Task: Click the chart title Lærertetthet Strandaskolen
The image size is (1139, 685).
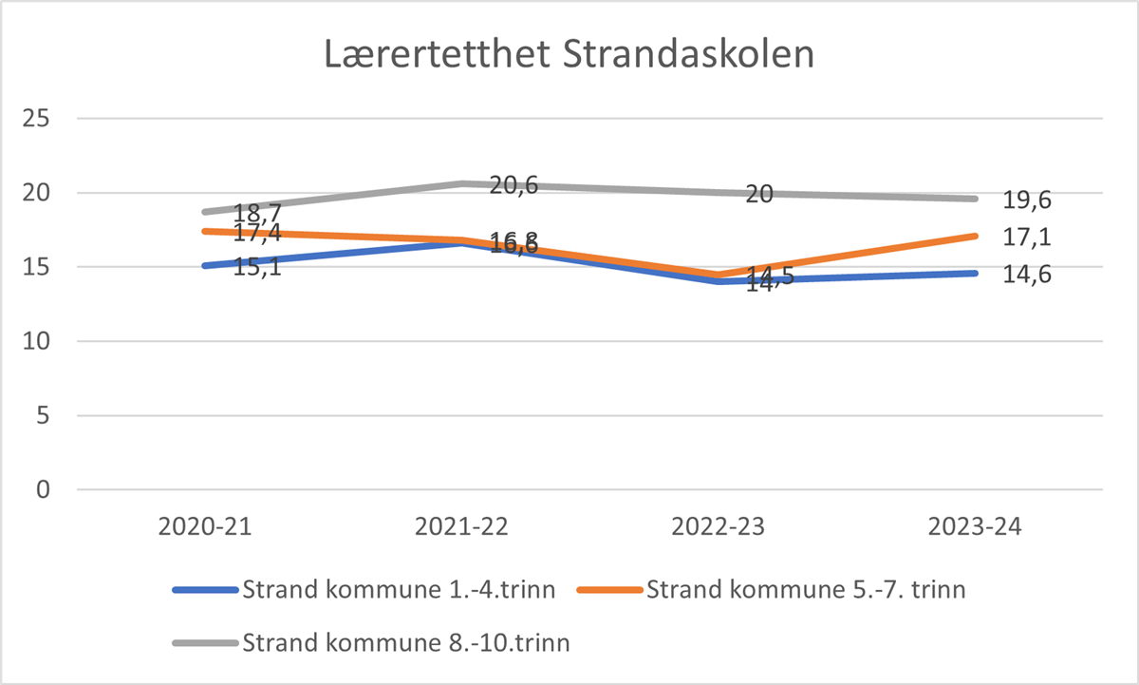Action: [x=569, y=54]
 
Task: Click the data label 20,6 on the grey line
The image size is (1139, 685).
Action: [x=513, y=185]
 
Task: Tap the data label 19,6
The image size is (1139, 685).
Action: [x=1029, y=200]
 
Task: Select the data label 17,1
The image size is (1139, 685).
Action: [x=1029, y=237]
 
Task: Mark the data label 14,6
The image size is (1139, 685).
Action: [x=1029, y=275]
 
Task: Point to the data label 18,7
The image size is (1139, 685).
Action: [x=257, y=213]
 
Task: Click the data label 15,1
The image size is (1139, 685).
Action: [x=257, y=267]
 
